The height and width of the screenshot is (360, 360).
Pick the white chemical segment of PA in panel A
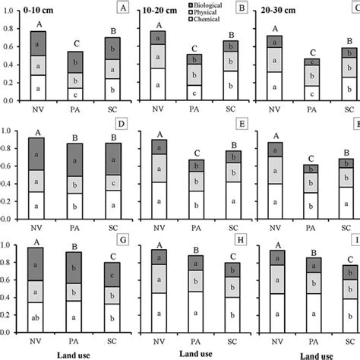click(74, 93)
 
